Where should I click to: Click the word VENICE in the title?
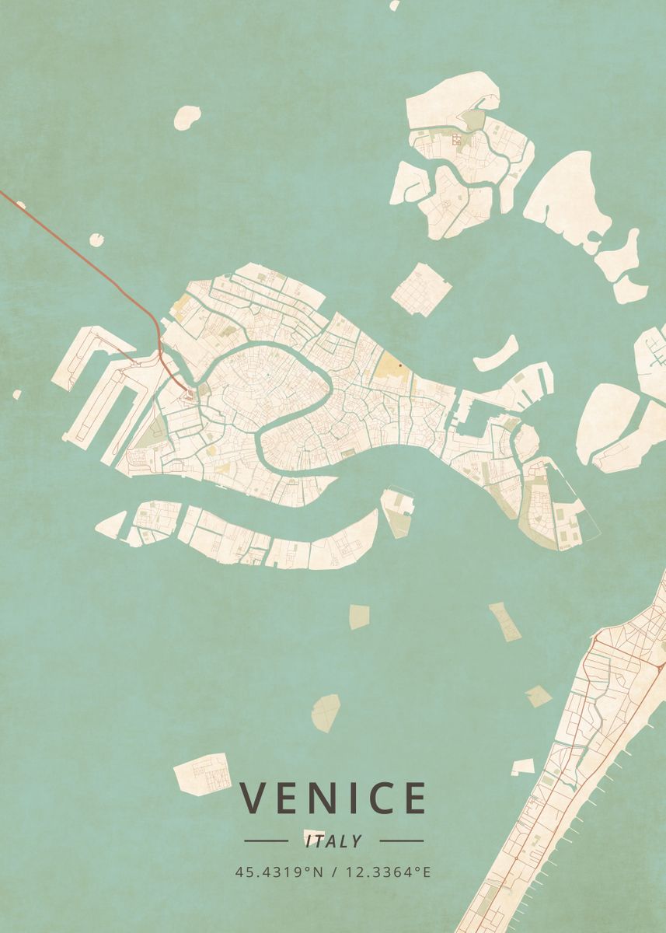(x=333, y=798)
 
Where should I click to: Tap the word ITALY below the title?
(x=333, y=841)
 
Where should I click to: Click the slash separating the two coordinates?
(x=333, y=872)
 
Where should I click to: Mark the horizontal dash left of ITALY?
(x=266, y=840)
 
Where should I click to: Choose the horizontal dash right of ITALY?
(x=401, y=840)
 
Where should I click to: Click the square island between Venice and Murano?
(x=420, y=289)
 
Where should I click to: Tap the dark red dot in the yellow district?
(x=399, y=364)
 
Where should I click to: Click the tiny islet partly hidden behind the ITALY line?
(x=314, y=833)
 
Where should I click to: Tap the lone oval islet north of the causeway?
(x=187, y=117)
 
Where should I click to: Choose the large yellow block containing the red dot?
(x=391, y=371)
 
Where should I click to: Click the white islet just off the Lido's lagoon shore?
(x=524, y=767)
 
